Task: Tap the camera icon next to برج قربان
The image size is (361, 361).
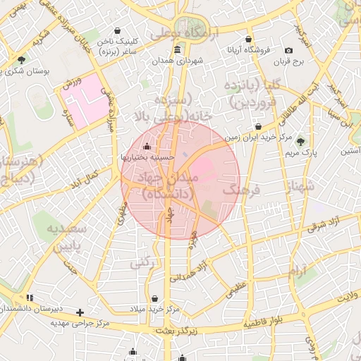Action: (289, 50)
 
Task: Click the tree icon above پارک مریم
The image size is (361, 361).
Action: (301, 141)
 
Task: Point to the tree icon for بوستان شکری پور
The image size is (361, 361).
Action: (22, 60)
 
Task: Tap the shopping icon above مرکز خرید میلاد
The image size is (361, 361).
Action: (154, 298)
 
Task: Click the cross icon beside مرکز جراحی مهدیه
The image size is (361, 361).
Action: (80, 312)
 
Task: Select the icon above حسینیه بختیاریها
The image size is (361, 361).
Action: (146, 146)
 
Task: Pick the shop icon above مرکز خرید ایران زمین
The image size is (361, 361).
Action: (259, 127)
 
